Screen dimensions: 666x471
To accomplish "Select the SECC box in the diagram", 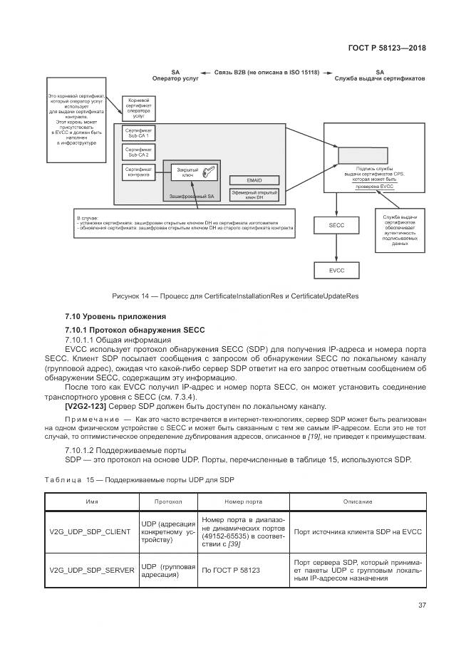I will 337,225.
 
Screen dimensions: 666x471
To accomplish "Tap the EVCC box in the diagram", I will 337,270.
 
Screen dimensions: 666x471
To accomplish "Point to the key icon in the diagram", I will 209,172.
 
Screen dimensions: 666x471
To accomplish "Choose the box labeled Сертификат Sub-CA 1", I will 138,133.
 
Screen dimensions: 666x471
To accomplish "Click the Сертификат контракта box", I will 138,172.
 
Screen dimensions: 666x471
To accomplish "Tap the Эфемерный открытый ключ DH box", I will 254,194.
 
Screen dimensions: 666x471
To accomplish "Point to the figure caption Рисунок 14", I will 234,296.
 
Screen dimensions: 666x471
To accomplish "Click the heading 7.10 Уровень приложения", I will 115,316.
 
